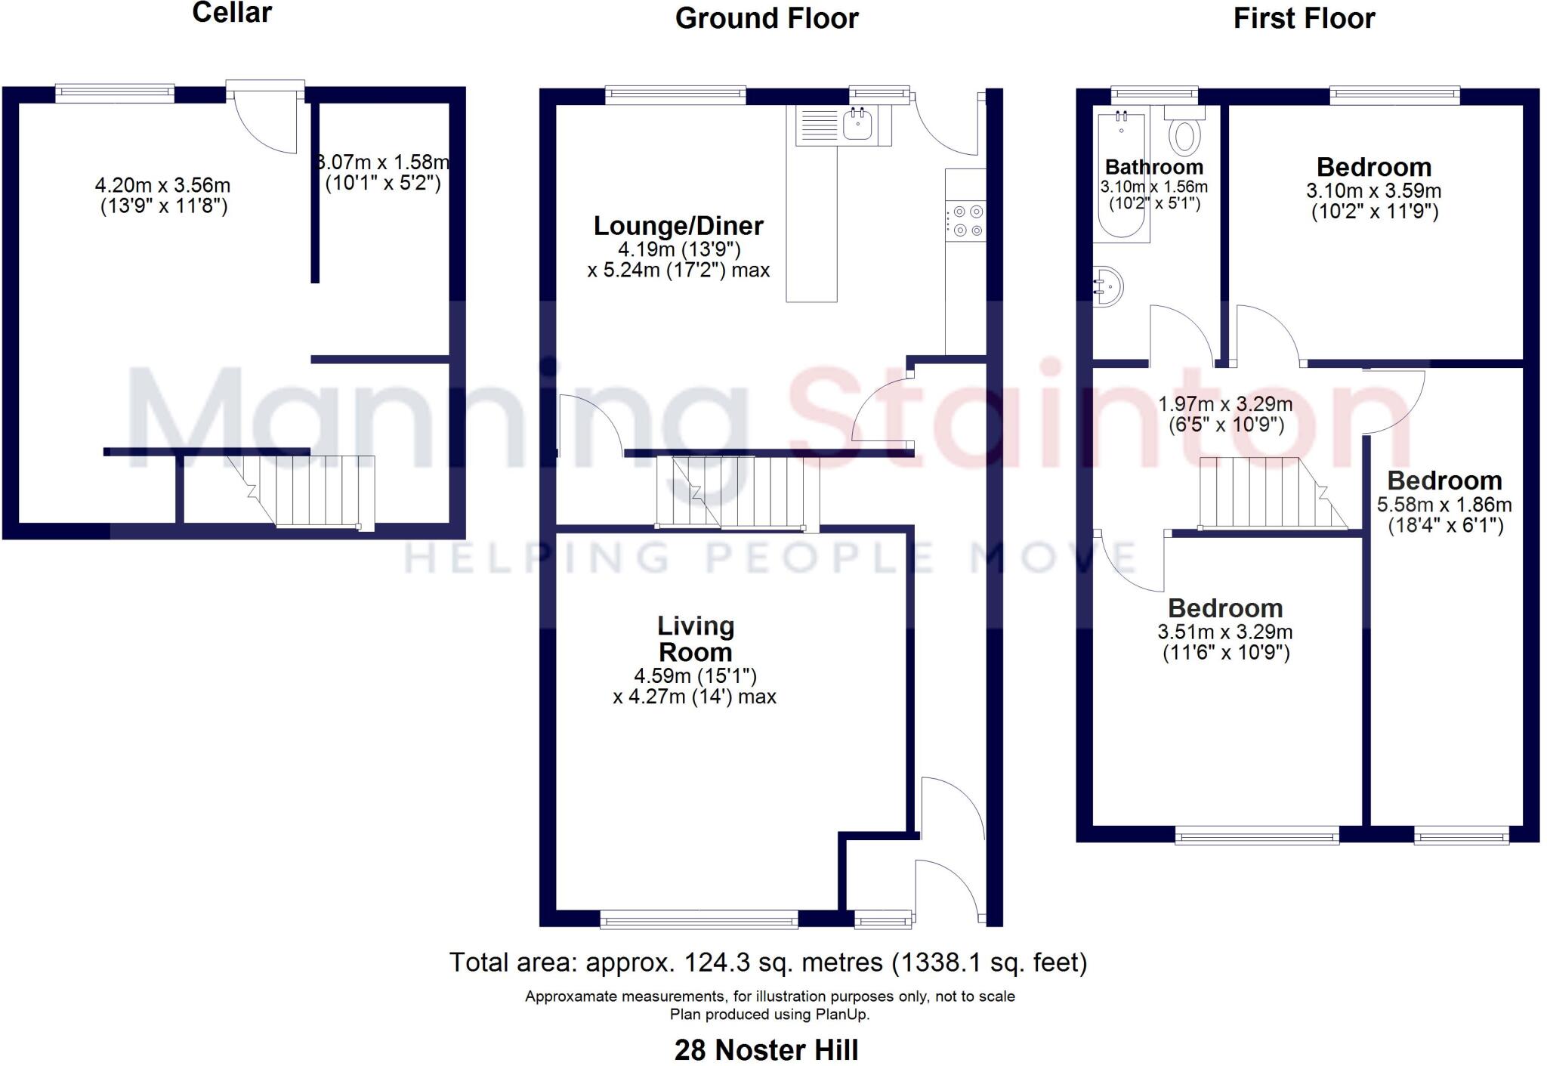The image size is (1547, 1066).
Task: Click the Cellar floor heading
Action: pyautogui.click(x=232, y=13)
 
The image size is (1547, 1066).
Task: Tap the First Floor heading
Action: pyautogui.click(x=1304, y=18)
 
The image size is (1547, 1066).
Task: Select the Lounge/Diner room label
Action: pyautogui.click(x=678, y=225)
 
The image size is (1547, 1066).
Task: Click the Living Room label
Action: pyautogui.click(x=695, y=638)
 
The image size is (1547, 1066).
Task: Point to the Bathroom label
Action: pyautogui.click(x=1153, y=167)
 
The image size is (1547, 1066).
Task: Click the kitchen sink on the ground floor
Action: pyautogui.click(x=857, y=125)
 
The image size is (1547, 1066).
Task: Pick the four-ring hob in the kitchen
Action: pyautogui.click(x=966, y=221)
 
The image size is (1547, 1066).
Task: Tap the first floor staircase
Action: pyautogui.click(x=1269, y=493)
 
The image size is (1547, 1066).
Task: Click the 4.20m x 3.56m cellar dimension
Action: pyautogui.click(x=163, y=196)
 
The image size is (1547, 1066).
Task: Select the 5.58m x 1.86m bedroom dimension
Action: pyautogui.click(x=1444, y=514)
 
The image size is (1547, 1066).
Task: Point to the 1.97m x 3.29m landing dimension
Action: pyautogui.click(x=1225, y=415)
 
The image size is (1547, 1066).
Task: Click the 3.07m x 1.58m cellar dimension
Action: pyautogui.click(x=383, y=172)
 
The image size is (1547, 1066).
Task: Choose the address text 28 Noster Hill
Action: pyautogui.click(x=766, y=1049)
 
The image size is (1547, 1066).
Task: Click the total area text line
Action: pyautogui.click(x=767, y=962)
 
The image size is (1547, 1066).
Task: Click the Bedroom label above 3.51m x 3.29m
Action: pyautogui.click(x=1225, y=608)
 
